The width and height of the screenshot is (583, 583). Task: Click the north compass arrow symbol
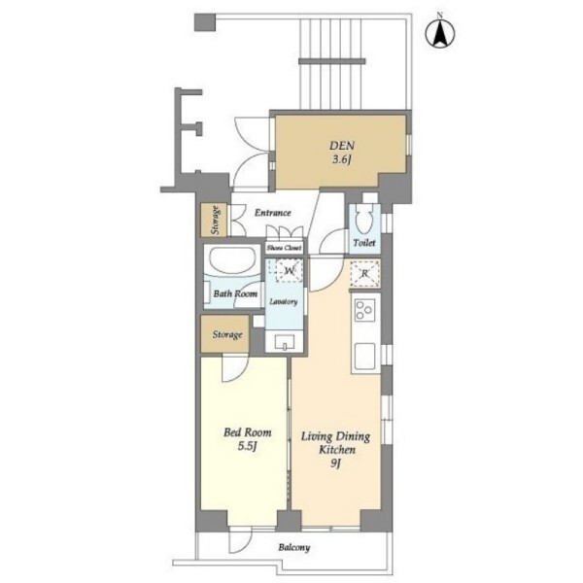point(440,33)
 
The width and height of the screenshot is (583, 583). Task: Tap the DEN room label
point(342,146)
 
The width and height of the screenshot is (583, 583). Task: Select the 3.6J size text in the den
point(342,160)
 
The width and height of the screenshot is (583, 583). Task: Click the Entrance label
point(272,213)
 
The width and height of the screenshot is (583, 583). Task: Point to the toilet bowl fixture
point(364,221)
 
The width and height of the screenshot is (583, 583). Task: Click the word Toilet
point(364,243)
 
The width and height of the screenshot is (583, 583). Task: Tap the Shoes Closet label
point(285,248)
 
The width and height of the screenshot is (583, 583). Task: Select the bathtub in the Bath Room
point(233,260)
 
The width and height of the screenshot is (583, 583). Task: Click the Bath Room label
point(235,293)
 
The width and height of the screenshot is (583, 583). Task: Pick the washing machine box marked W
point(290,270)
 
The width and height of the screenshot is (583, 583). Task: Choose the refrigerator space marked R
point(364,274)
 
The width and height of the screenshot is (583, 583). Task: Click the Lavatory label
point(284,301)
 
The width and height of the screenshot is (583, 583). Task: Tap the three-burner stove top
point(364,310)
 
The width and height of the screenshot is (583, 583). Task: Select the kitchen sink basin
point(364,357)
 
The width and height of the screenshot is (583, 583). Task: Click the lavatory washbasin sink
point(285,342)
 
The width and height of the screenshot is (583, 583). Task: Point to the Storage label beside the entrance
point(215,220)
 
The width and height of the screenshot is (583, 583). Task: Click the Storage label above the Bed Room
point(227,334)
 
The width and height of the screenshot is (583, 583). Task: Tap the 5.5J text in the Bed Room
point(248,446)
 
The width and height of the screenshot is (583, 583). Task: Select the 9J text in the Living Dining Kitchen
point(336,463)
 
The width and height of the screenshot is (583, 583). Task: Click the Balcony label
point(294,548)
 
